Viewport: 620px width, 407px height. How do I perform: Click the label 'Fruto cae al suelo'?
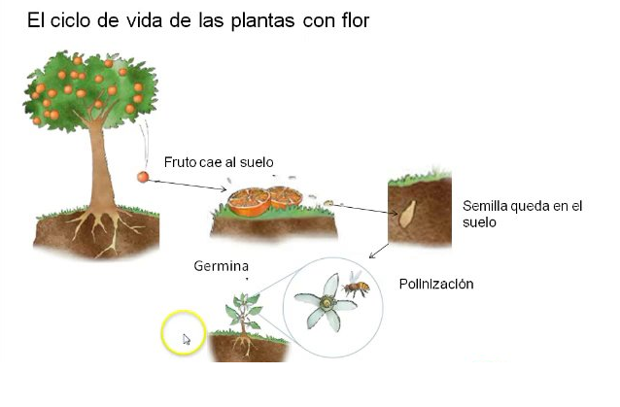219,161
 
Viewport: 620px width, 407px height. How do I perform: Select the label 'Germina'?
221,266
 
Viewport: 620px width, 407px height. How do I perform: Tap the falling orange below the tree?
144,176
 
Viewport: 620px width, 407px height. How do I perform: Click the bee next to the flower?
356,287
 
